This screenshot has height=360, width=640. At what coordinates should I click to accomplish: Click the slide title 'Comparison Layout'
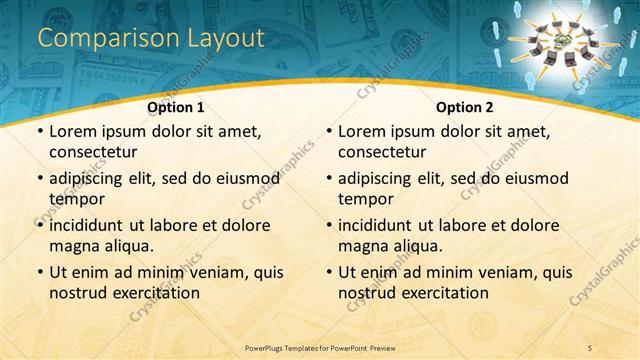click(x=151, y=38)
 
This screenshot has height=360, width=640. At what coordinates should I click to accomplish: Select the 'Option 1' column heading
click(x=176, y=107)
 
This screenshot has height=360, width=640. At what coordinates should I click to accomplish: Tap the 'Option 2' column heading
click(x=465, y=107)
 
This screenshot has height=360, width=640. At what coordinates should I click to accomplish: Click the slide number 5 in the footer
click(x=591, y=346)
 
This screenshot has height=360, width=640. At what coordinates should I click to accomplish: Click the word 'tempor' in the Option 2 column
click(x=367, y=198)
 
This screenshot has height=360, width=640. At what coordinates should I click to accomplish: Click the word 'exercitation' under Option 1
click(x=155, y=293)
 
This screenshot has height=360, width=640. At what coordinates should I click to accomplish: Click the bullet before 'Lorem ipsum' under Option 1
click(x=39, y=132)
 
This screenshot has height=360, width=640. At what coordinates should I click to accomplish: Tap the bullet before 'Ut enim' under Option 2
click(x=328, y=272)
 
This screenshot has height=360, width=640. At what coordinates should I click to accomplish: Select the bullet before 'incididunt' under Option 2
click(x=328, y=225)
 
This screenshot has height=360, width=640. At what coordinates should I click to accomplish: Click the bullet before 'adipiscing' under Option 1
click(x=39, y=179)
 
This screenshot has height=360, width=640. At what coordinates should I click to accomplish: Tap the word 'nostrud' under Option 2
click(x=371, y=293)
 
